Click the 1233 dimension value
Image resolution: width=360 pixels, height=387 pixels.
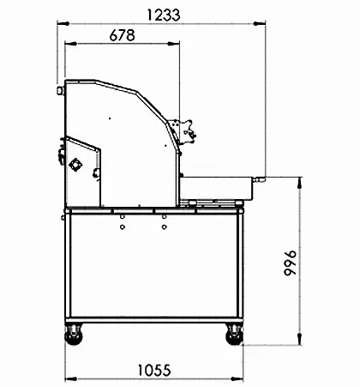click(164, 15)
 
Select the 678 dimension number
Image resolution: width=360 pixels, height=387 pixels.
click(123, 35)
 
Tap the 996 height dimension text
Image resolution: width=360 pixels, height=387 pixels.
click(291, 263)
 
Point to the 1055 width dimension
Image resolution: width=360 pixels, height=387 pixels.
click(154, 370)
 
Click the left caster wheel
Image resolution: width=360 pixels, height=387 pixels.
click(74, 335)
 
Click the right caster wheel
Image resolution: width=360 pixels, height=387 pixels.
click(234, 335)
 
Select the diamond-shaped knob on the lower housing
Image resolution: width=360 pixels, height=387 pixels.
click(75, 165)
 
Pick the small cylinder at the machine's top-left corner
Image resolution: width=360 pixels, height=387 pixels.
click(60, 91)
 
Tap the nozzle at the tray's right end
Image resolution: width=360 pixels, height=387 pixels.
click(259, 179)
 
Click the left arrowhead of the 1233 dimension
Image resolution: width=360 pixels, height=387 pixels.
click(63, 24)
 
